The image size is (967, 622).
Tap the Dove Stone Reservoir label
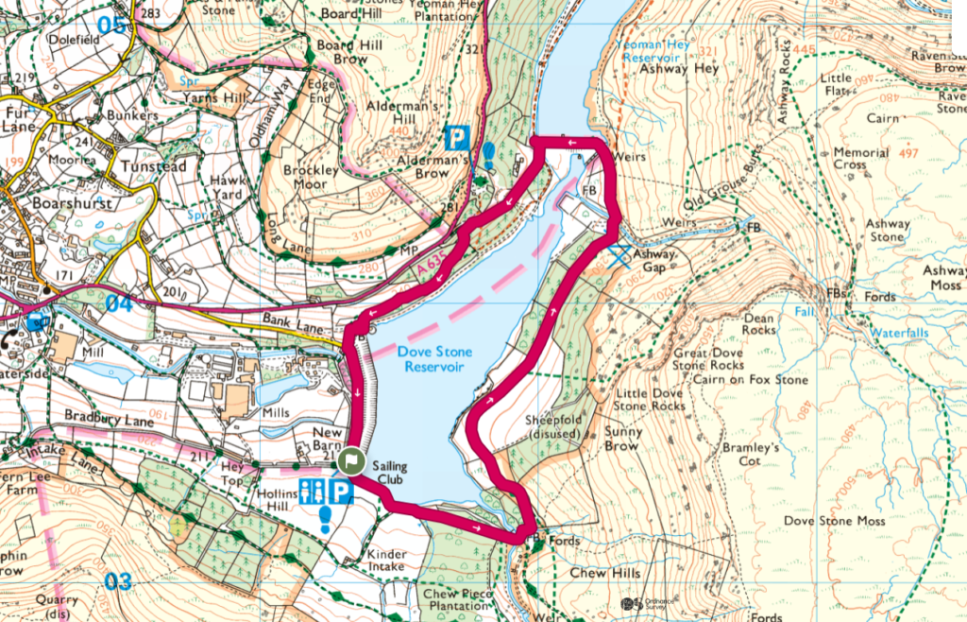click(x=437, y=358)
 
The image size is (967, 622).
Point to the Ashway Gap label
click(x=654, y=261)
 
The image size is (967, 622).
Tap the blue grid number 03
click(x=117, y=581)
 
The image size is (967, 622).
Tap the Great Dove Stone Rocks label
click(x=708, y=358)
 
